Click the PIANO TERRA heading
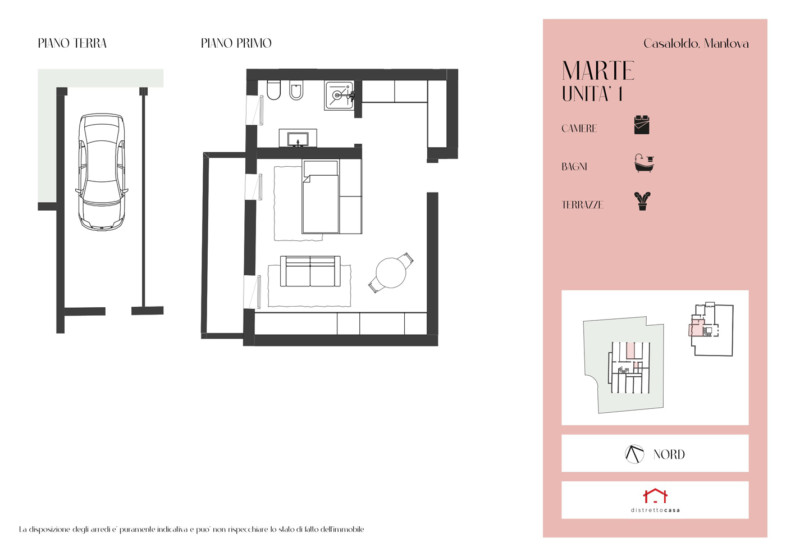pos(72,43)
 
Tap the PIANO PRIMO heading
pos(236,43)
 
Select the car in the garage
pos(102,172)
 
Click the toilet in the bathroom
pos(274,90)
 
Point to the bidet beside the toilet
pos(296,90)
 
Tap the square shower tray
pos(339,95)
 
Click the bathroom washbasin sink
pos(298,138)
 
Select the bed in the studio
pos(321,196)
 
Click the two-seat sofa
pos(310,271)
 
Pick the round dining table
pos(391,273)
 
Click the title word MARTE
pos(598,71)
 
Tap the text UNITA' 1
pos(592,94)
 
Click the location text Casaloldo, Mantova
pos(696,44)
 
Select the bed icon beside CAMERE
pos(642,125)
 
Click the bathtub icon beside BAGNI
pos(645,163)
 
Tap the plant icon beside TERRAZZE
pos(642,201)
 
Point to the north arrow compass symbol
pos(634,454)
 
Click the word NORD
pos(669,454)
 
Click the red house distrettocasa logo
pos(655,495)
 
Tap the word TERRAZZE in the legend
pos(582,205)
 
